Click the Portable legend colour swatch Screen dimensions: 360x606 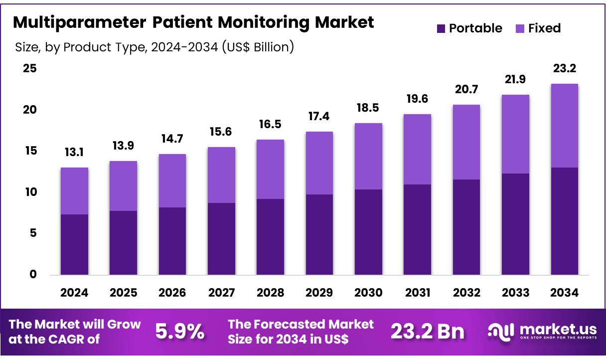[441, 29]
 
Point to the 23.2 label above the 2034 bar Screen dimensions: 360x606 [565, 68]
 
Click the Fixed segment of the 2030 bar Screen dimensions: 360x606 [368, 156]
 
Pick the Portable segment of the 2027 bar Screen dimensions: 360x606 [221, 238]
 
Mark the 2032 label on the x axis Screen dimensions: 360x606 [466, 293]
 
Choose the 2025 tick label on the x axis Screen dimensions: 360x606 [123, 293]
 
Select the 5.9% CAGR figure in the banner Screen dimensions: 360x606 [180, 331]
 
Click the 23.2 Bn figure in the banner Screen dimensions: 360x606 [427, 331]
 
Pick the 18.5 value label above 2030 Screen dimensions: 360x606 [368, 108]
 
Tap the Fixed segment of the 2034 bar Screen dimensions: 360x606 [565, 126]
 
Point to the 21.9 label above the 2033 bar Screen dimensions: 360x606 [515, 79]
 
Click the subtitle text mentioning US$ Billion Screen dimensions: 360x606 [154, 47]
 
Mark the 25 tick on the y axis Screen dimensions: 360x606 [30, 69]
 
